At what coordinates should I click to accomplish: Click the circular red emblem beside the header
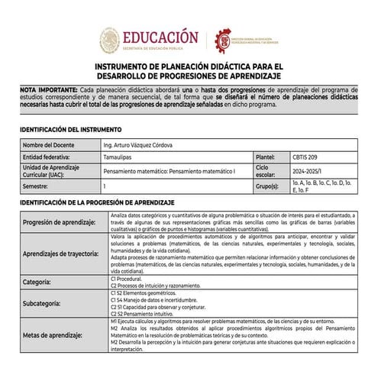click(x=227, y=39)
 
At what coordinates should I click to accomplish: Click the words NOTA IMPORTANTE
click(x=48, y=90)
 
